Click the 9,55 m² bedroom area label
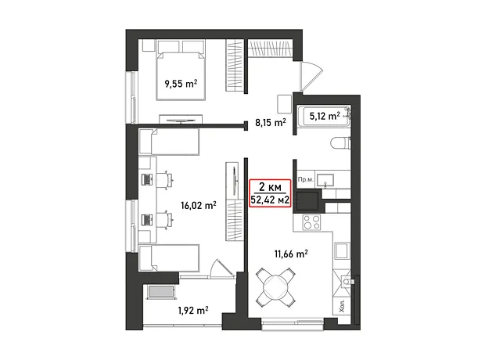click(181, 84)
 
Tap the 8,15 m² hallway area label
click(271, 123)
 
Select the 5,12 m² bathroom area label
click(325, 116)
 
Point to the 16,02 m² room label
click(198, 205)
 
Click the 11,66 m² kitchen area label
click(291, 254)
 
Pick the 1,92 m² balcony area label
click(193, 310)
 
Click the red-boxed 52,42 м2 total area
click(270, 200)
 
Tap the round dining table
click(275, 286)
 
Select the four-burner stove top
click(311, 222)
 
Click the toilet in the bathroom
click(340, 144)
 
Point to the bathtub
click(326, 117)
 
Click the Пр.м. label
click(306, 179)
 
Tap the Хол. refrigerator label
click(342, 305)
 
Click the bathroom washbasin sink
click(325, 179)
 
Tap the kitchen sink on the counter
click(343, 250)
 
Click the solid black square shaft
click(307, 201)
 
